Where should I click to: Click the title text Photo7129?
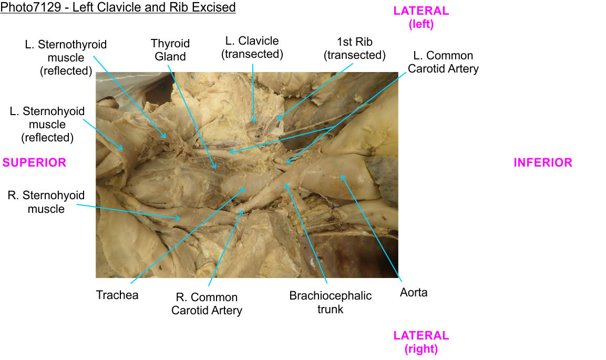[118, 7]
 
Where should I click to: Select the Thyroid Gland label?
[170, 50]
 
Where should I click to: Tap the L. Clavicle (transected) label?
[252, 47]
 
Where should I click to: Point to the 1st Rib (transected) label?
[355, 48]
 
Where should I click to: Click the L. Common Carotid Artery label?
[443, 62]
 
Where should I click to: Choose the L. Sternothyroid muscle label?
[66, 57]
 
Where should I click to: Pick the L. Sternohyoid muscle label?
[47, 125]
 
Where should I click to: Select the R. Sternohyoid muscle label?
[46, 202]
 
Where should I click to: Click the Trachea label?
[117, 295]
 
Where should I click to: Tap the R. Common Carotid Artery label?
[207, 304]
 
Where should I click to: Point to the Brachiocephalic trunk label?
[330, 302]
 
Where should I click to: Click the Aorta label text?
[414, 293]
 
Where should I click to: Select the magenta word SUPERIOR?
[35, 162]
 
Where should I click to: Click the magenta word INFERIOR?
[543, 162]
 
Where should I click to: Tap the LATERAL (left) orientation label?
[421, 17]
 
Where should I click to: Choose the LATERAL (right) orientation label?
[421, 342]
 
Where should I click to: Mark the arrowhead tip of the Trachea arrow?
[245, 188]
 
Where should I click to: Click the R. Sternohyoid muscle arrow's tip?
[181, 217]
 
